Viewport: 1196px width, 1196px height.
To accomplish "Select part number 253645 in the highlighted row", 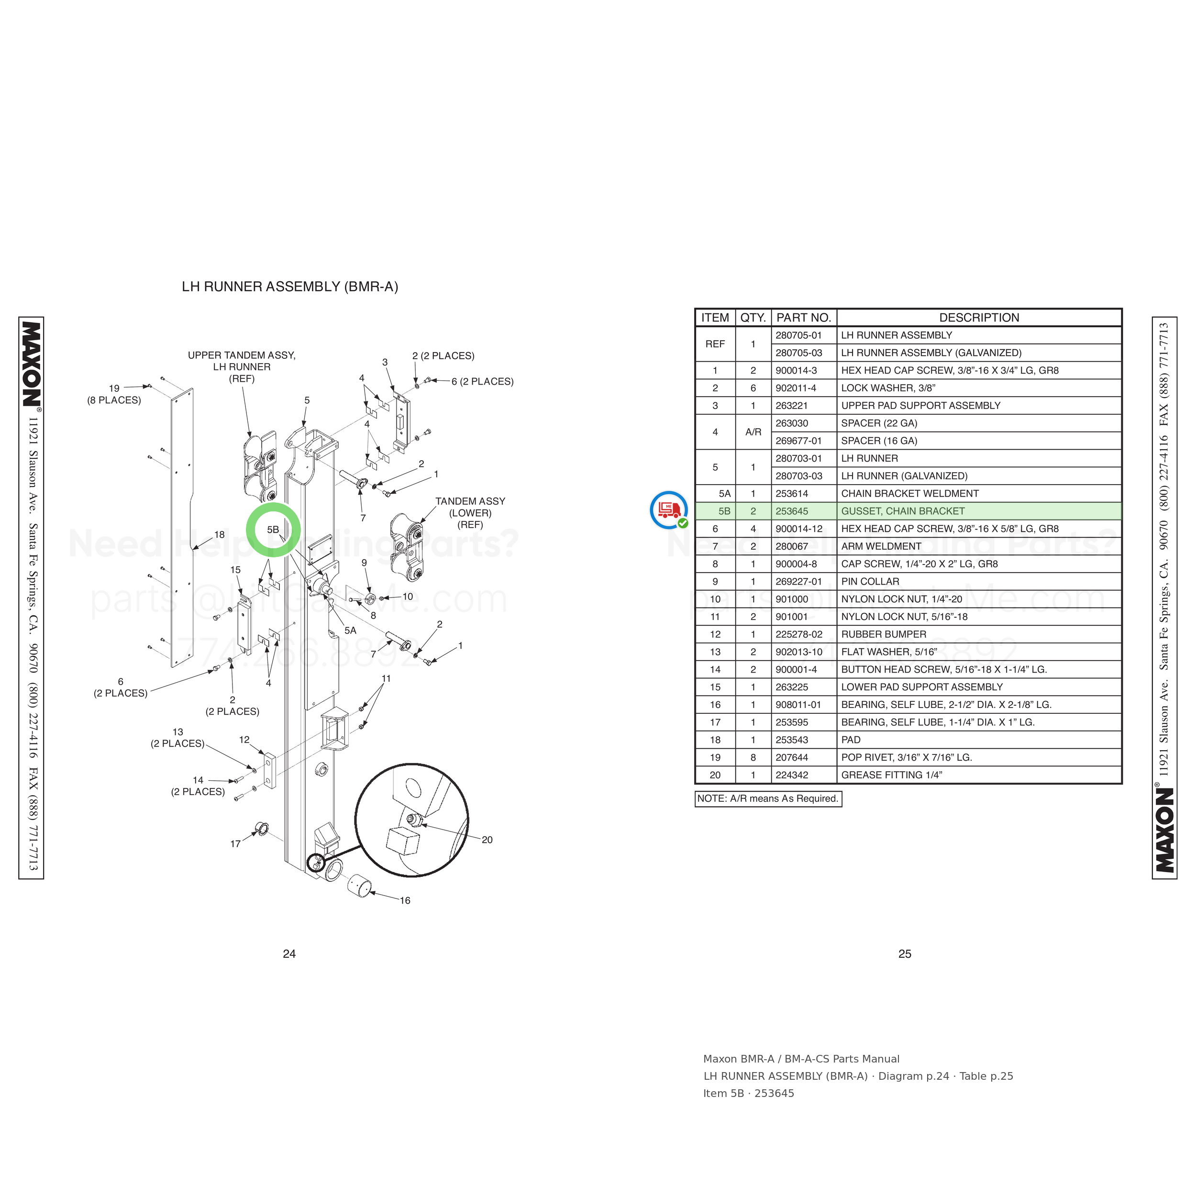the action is point(792,511).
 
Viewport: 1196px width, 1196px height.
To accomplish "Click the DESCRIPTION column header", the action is point(979,318).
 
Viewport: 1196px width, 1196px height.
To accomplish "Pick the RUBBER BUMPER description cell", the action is point(884,634).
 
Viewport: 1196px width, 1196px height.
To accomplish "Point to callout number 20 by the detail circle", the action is point(487,840).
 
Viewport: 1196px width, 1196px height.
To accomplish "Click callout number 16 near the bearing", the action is point(405,901).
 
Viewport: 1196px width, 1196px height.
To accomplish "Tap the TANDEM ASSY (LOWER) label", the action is point(470,512).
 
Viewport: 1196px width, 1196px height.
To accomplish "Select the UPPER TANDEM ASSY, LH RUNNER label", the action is point(242,366).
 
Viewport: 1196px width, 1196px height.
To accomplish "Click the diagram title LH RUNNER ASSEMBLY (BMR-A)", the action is point(290,287).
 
